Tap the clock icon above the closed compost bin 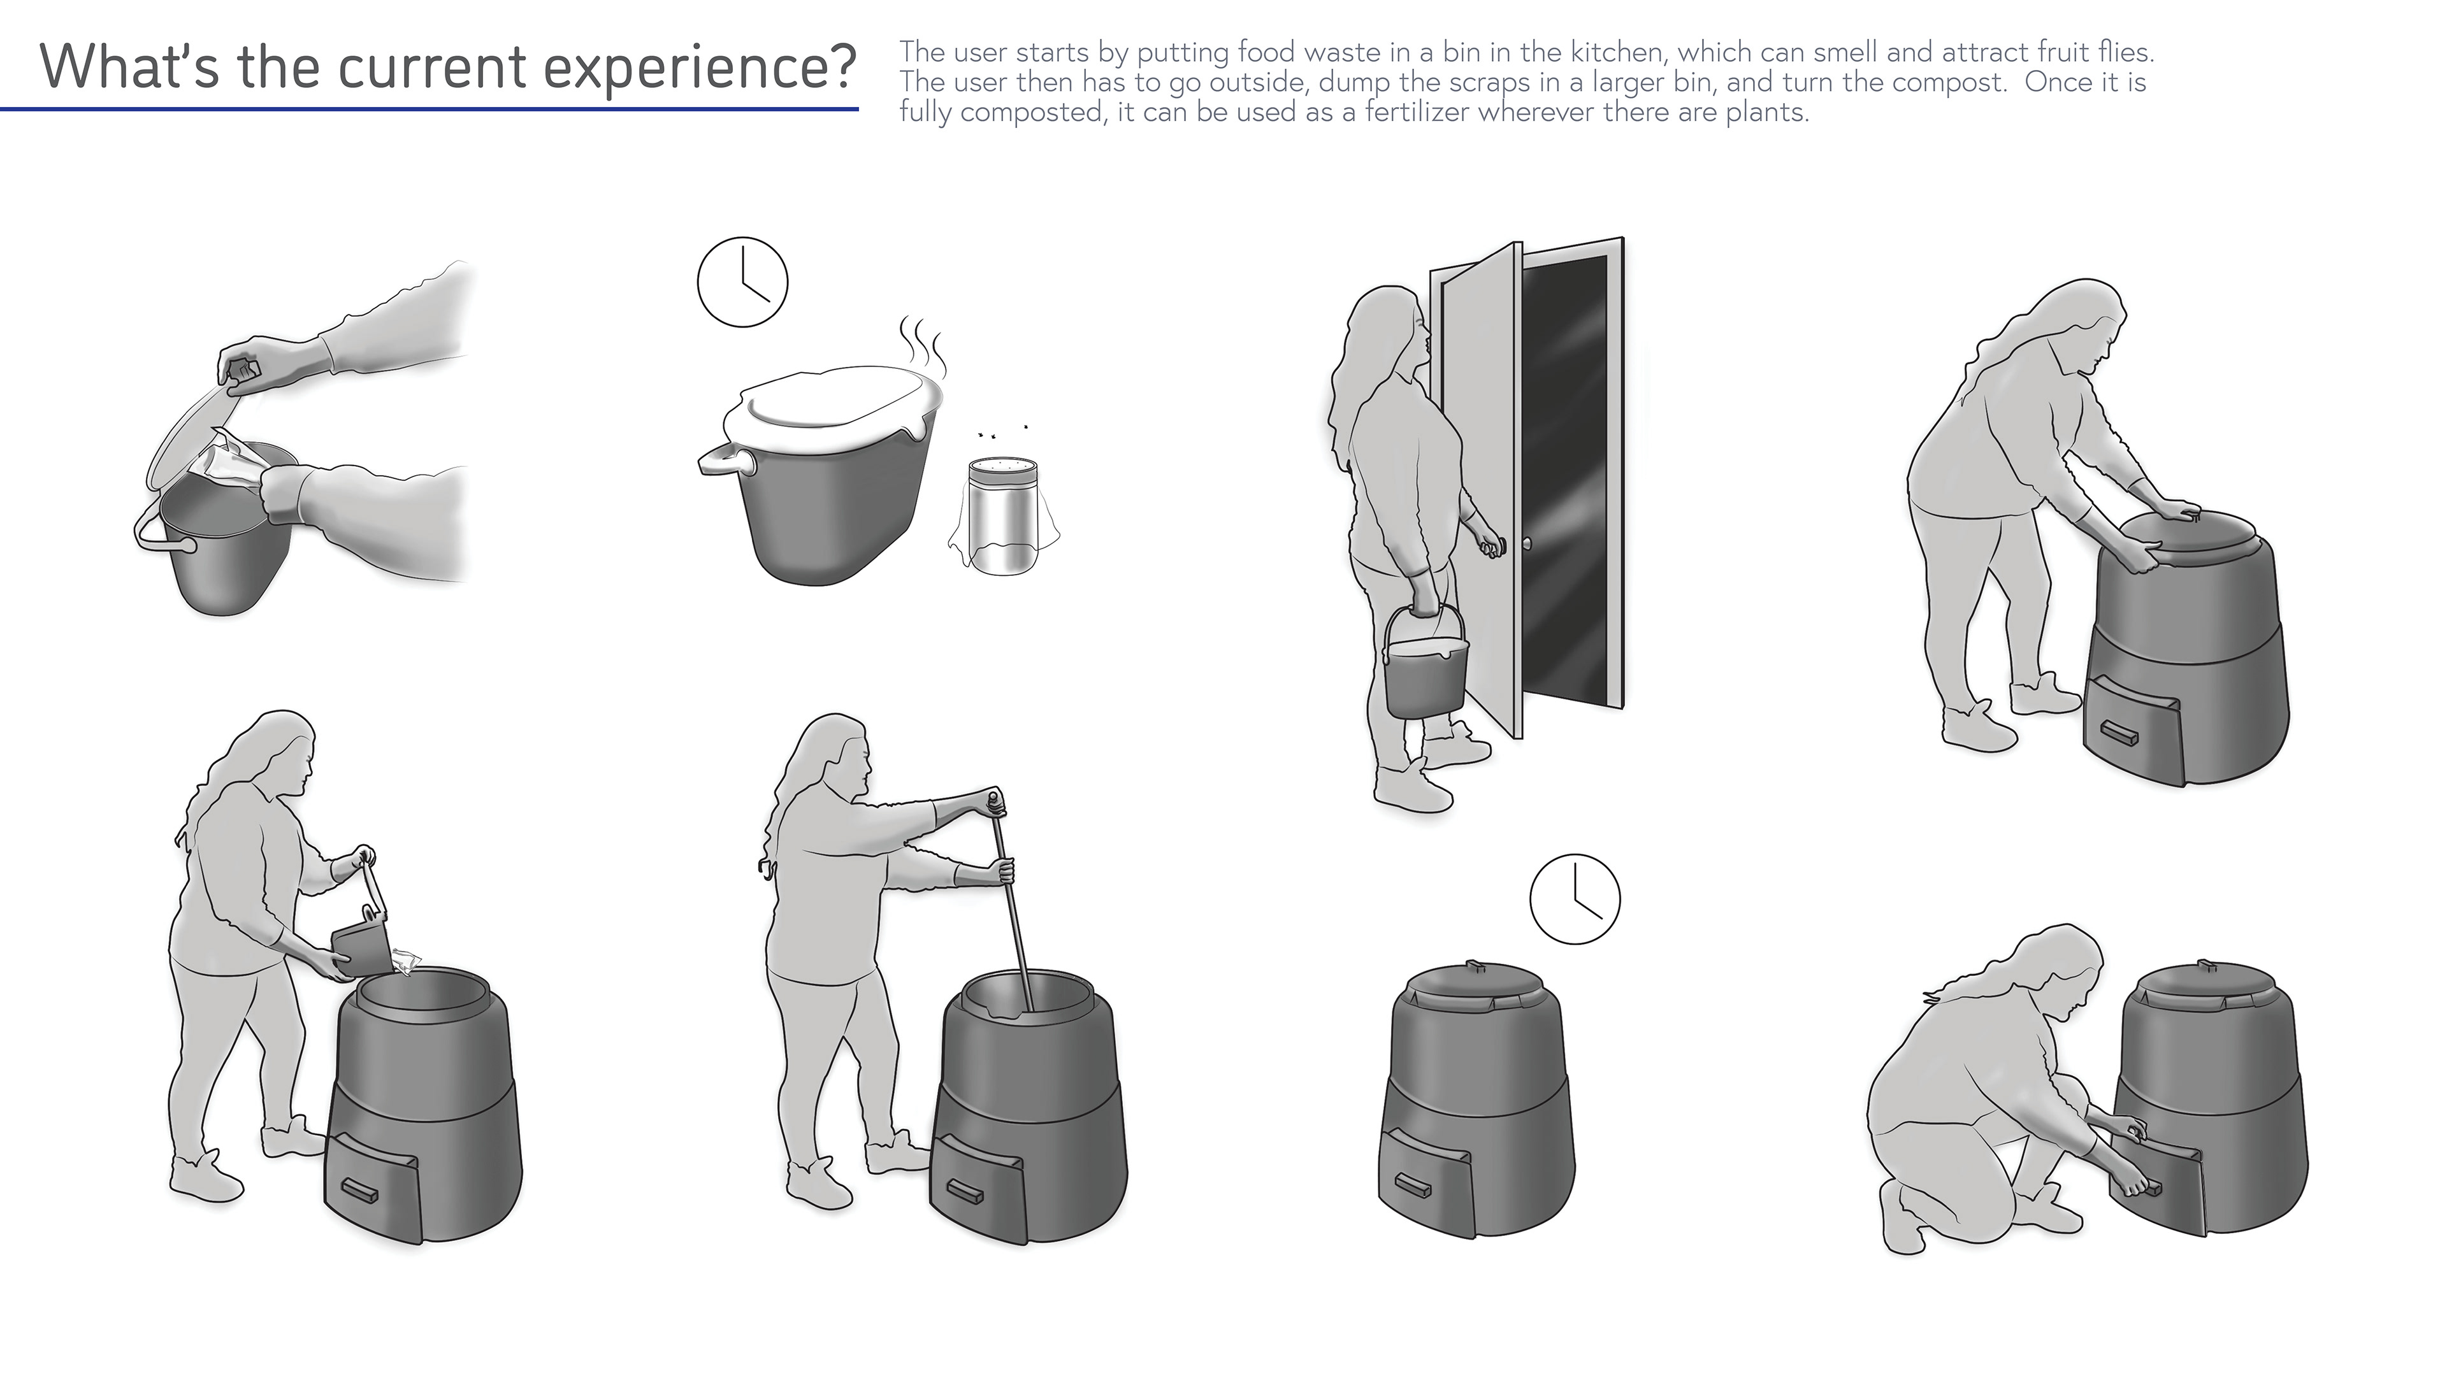[1575, 898]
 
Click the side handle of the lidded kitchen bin [723, 462]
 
